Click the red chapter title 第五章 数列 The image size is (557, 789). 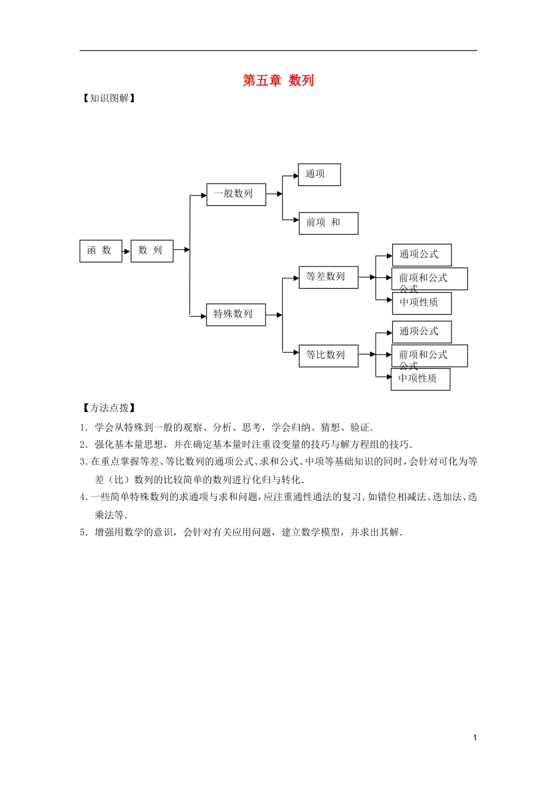(278, 80)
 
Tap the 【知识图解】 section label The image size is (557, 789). (109, 98)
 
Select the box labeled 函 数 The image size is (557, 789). (100, 251)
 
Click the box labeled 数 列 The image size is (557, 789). (151, 251)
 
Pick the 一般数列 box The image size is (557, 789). (236, 194)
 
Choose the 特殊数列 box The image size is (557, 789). (236, 315)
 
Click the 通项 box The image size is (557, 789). (319, 174)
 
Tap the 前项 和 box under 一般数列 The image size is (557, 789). (328, 223)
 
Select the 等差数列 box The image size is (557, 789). (328, 277)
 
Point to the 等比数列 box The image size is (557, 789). (328, 356)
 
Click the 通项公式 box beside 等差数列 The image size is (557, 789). (421, 255)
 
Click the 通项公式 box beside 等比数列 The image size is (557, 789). (421, 332)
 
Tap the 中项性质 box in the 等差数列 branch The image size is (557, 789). (421, 303)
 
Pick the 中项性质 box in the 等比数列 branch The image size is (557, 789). (420, 379)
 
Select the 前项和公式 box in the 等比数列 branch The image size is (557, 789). (429, 356)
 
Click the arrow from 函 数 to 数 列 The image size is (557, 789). (126, 251)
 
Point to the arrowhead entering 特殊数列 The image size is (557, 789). (203, 316)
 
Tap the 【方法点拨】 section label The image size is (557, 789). (109, 408)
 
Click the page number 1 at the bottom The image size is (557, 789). (475, 738)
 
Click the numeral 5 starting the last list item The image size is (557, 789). (83, 532)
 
